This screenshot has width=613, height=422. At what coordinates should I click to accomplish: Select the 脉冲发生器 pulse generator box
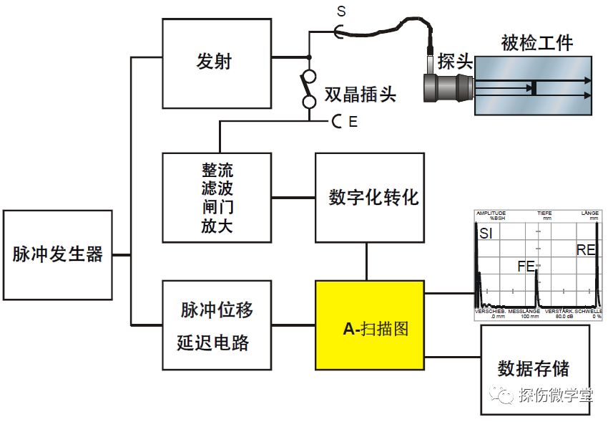coord(57,254)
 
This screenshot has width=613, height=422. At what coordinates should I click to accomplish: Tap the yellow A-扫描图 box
coord(369,326)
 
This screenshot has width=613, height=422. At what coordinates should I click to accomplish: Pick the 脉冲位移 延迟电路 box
coord(217,325)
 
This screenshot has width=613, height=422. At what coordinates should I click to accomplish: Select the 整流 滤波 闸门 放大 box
coord(217,198)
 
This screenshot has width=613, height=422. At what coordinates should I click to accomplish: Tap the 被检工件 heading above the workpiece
coord(537,43)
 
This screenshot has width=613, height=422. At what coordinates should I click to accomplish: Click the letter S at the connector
coord(340,11)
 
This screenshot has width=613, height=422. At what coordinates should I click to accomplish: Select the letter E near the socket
coord(353,123)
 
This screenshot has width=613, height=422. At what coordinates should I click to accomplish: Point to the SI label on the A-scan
coord(486,234)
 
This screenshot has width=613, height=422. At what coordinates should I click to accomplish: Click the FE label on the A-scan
coord(526,267)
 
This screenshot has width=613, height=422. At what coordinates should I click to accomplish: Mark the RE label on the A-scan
coord(587,249)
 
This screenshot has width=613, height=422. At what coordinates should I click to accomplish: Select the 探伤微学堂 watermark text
coord(555,395)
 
